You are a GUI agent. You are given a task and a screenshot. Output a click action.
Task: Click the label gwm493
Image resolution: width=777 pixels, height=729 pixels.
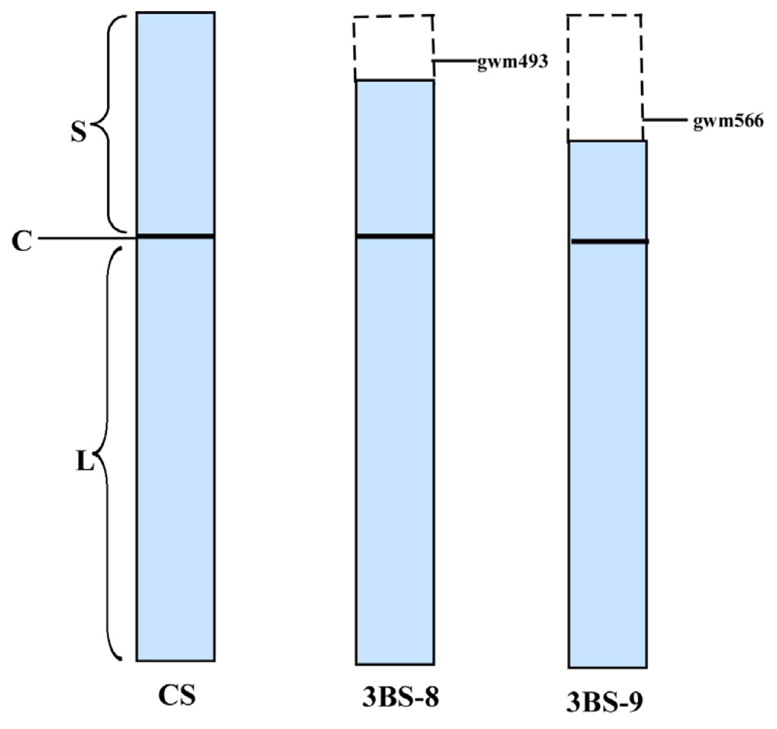coord(512,62)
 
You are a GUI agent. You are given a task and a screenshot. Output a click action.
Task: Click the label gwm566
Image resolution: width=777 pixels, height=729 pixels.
coord(728,122)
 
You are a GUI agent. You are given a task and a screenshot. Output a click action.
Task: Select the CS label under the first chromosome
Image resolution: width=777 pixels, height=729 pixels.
coord(177,696)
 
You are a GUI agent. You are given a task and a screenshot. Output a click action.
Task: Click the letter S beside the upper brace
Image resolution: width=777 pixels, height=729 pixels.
coord(79,132)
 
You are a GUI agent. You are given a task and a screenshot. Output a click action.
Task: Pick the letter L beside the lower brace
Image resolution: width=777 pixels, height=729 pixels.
coord(84,463)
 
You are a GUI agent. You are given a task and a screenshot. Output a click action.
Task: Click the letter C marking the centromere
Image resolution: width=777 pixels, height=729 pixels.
coord(22,241)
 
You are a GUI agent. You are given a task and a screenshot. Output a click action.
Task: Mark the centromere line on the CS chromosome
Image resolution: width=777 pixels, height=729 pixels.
coord(176,236)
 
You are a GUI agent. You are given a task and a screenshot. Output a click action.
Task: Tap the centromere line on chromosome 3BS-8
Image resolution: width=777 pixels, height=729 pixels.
coord(394,236)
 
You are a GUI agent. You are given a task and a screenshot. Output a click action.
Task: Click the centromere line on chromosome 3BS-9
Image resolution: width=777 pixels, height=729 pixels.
coord(609,241)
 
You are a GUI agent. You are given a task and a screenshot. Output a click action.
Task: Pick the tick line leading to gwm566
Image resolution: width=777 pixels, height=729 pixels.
coord(666,120)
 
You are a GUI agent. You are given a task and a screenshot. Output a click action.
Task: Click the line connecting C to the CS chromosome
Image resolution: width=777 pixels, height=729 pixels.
coord(87,239)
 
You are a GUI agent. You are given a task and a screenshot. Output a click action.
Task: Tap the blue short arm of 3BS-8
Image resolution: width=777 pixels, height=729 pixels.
coord(394,157)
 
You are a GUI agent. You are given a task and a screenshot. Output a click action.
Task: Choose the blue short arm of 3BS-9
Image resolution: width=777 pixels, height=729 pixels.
coord(607,190)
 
